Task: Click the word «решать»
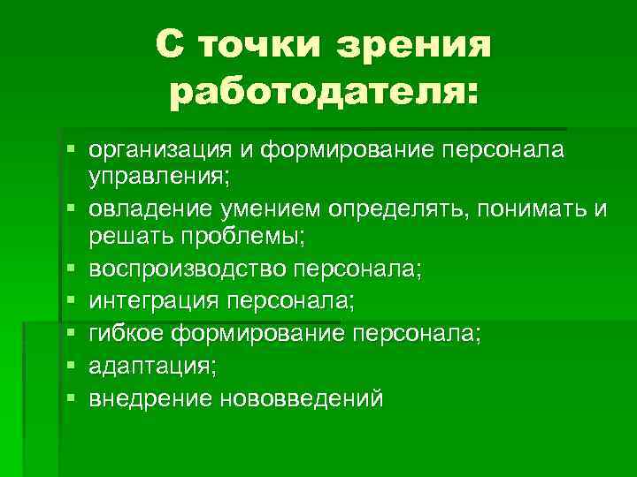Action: (x=126, y=236)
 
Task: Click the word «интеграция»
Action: (x=155, y=302)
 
